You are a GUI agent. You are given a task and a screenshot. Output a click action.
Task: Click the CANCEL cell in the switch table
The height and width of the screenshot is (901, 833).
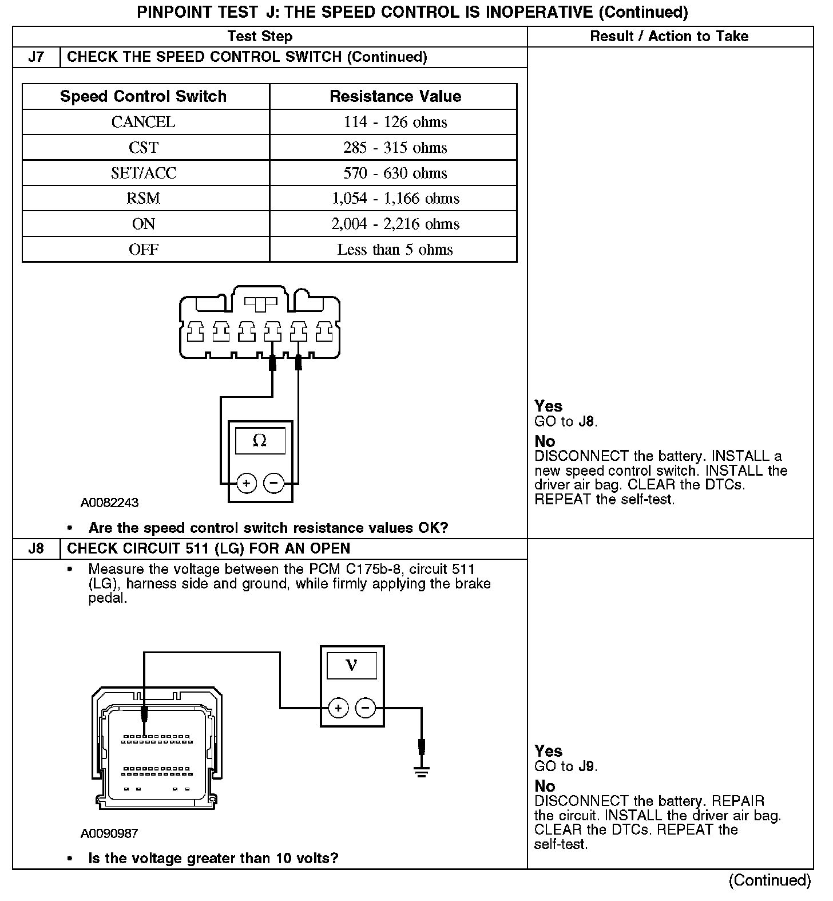[x=143, y=122]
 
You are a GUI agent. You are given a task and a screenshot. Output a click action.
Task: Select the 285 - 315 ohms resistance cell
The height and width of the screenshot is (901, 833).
[x=395, y=148]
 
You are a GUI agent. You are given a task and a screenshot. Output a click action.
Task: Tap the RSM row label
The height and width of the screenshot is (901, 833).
[x=143, y=199]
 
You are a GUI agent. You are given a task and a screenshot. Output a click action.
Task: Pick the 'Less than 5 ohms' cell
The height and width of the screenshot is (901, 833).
[x=395, y=250]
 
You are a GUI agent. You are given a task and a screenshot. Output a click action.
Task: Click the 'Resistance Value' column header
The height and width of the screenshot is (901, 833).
[x=395, y=96]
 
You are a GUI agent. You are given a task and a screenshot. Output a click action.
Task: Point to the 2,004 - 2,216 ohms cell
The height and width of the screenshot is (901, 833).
[x=395, y=224]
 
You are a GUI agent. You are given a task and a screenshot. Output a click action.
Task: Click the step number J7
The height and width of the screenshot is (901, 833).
[x=36, y=57]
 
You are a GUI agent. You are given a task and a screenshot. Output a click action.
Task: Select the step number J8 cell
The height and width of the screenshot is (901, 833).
[x=36, y=548]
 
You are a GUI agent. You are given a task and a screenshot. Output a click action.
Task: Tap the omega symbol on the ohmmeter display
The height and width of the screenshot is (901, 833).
[x=260, y=440]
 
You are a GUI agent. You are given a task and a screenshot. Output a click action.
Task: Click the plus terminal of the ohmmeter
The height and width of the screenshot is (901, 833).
[x=246, y=484]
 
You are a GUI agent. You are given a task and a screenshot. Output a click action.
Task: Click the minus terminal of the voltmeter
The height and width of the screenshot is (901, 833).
[x=366, y=708]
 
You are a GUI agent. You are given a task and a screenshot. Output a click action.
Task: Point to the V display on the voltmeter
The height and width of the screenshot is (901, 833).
[x=351, y=665]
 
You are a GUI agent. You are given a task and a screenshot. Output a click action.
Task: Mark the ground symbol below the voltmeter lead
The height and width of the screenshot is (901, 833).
[x=422, y=772]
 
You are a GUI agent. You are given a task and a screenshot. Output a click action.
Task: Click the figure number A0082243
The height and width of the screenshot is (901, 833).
[x=109, y=503]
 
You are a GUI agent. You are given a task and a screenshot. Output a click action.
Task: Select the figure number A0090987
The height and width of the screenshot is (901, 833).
[x=109, y=833]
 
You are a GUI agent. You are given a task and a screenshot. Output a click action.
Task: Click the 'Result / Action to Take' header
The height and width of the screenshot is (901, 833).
[x=669, y=37]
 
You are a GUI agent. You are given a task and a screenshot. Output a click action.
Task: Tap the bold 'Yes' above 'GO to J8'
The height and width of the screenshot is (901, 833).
[x=548, y=406]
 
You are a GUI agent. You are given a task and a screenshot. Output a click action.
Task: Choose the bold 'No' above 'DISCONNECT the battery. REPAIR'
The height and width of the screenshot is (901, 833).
[x=545, y=786]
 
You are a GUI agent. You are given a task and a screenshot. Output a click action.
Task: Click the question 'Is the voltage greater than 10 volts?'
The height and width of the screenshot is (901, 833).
[x=213, y=858]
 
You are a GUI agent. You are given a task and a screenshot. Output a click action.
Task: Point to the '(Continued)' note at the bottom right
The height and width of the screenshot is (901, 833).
[x=769, y=880]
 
